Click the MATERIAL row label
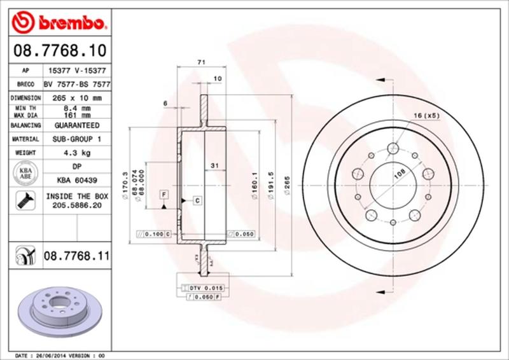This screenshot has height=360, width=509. (25, 139)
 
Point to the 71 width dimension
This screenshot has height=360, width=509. (201, 62)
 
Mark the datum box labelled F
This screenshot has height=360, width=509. (164, 193)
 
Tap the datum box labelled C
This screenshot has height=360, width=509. (197, 201)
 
